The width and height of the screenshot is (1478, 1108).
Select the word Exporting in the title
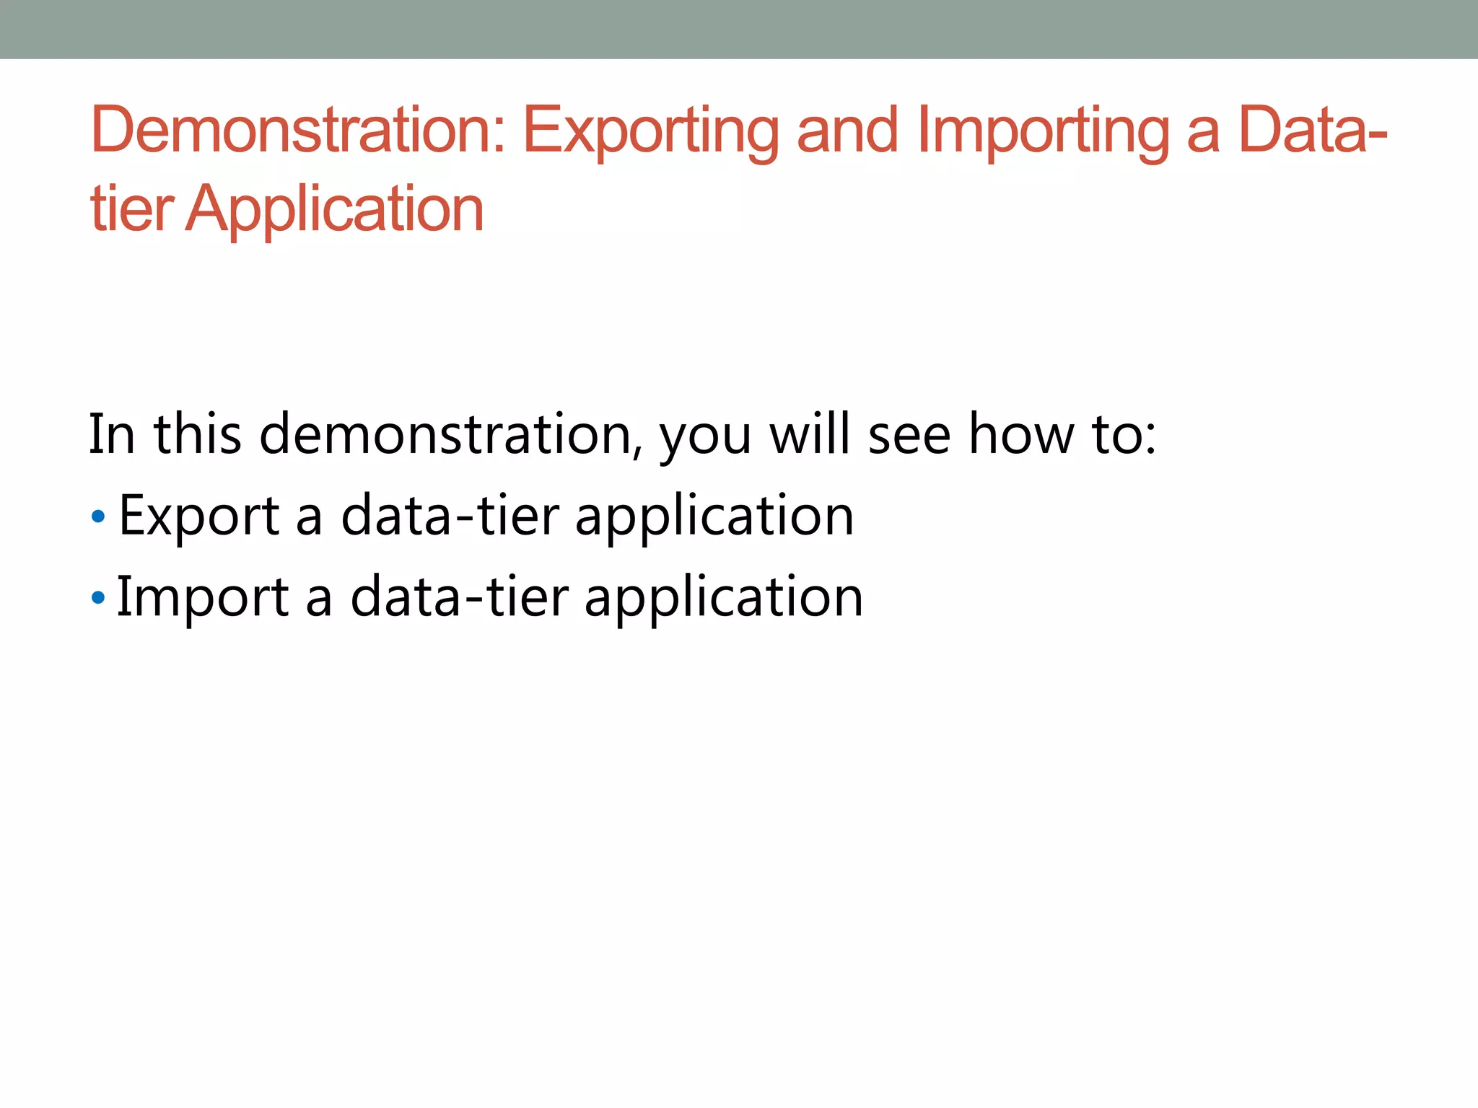click(x=650, y=131)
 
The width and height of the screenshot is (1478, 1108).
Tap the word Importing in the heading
click(x=1044, y=131)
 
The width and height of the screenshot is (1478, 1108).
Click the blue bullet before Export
click(x=99, y=516)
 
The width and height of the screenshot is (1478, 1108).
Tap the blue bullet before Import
click(x=99, y=598)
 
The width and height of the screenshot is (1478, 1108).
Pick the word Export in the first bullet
click(x=198, y=516)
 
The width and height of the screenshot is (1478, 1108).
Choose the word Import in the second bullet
click(x=203, y=598)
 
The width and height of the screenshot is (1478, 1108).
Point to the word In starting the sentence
click(x=112, y=435)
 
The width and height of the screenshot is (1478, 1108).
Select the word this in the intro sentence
click(x=198, y=435)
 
